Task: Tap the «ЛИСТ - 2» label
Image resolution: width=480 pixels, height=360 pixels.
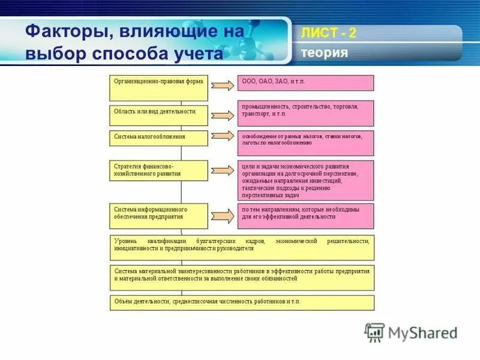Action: (x=328, y=33)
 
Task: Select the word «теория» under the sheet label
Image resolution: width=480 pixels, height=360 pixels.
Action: (x=325, y=53)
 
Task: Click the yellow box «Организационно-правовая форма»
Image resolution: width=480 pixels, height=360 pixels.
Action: (x=158, y=88)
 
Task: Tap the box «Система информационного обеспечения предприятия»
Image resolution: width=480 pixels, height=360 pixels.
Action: (x=158, y=216)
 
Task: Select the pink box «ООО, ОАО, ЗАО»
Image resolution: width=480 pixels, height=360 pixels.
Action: (x=305, y=83)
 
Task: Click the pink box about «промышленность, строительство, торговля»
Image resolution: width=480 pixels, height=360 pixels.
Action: (x=305, y=113)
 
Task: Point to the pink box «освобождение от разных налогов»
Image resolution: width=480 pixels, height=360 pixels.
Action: (x=305, y=143)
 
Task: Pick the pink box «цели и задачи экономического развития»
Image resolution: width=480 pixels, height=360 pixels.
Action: (x=305, y=180)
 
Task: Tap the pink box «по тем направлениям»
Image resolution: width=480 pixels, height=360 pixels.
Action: (x=305, y=216)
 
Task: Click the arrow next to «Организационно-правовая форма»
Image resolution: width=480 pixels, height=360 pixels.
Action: (x=223, y=85)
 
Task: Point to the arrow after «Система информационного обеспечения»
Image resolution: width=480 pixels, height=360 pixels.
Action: (x=223, y=215)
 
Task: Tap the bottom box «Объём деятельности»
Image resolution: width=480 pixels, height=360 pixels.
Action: (x=242, y=302)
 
